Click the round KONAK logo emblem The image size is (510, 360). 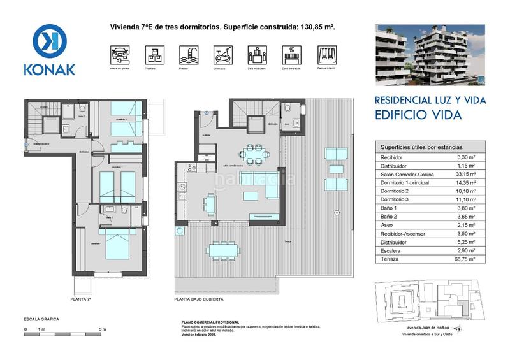pyautogui.click(x=50, y=41)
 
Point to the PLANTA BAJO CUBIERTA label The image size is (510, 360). pyautogui.click(x=201, y=298)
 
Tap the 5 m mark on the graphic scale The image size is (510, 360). pyautogui.click(x=103, y=329)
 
